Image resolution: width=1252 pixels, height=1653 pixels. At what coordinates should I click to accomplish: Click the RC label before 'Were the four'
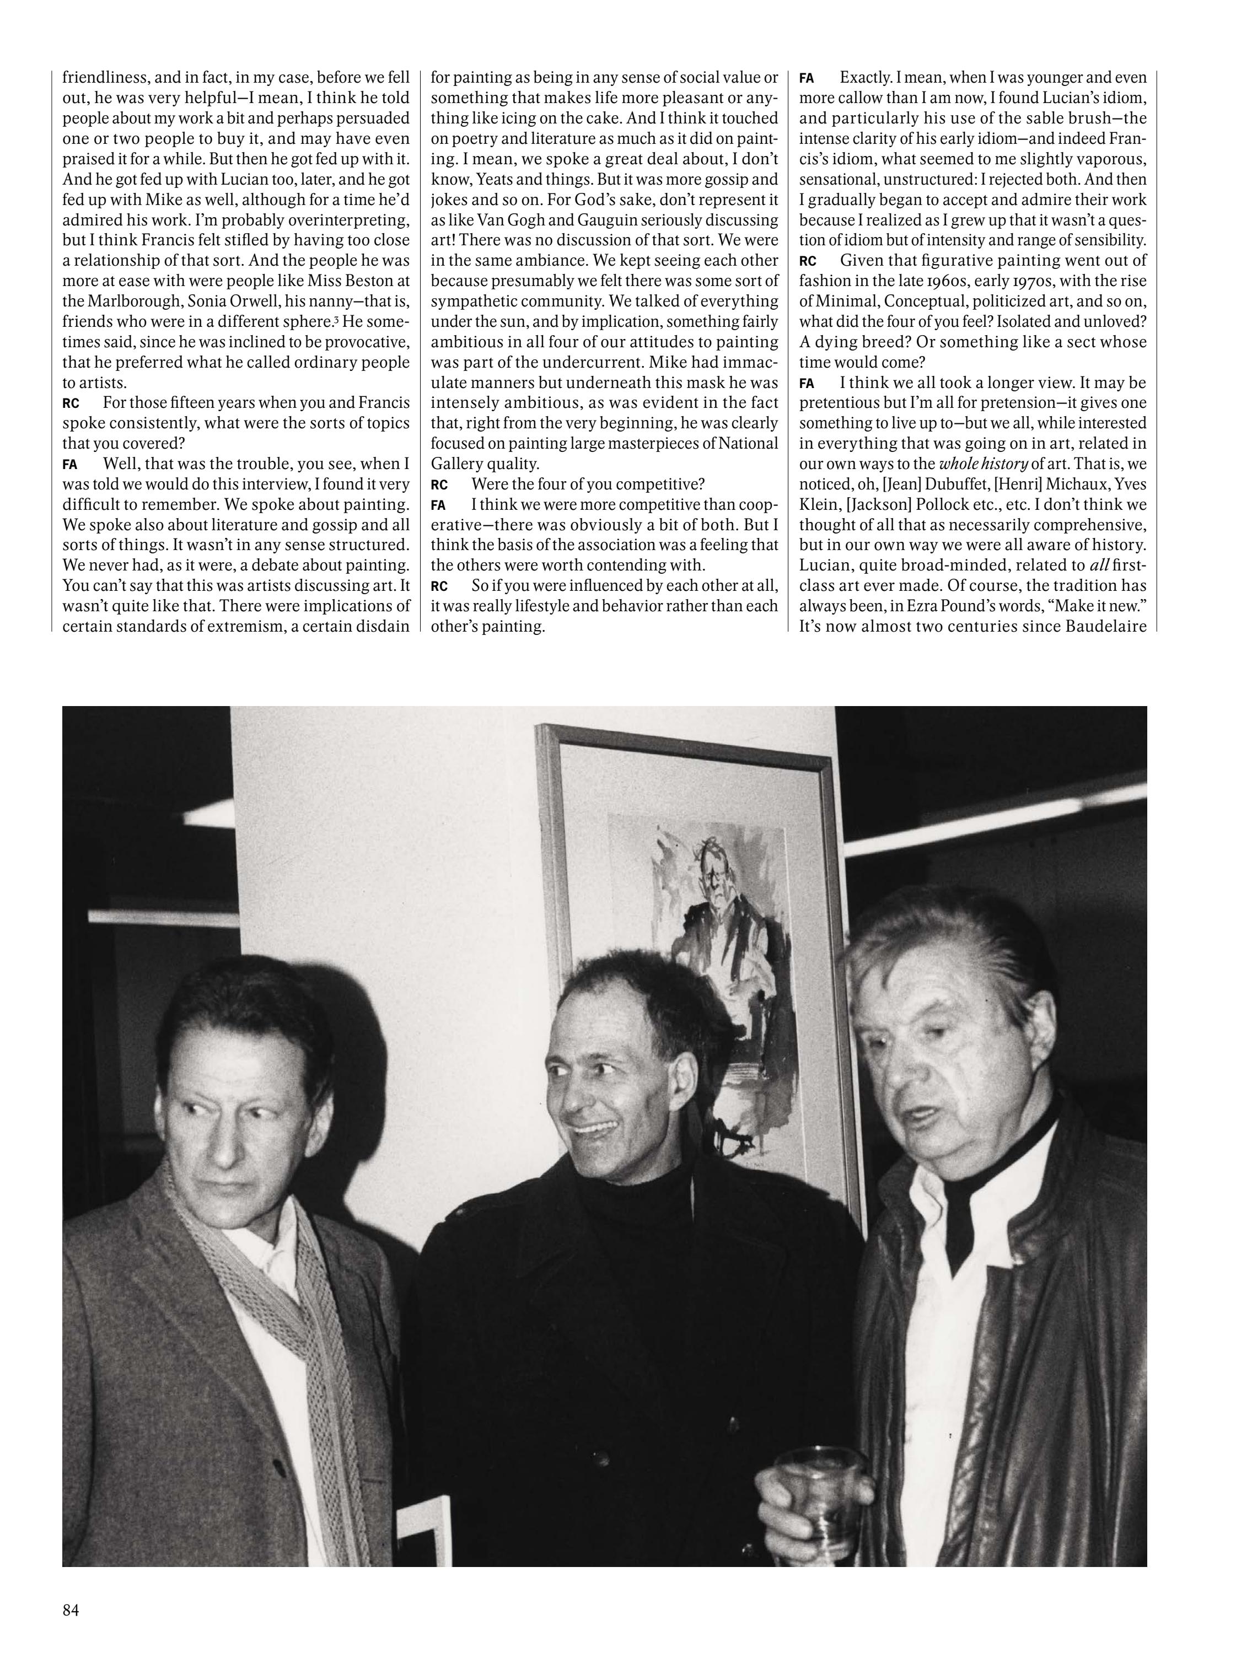[439, 484]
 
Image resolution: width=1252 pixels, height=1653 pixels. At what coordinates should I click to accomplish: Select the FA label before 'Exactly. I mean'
[807, 78]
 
